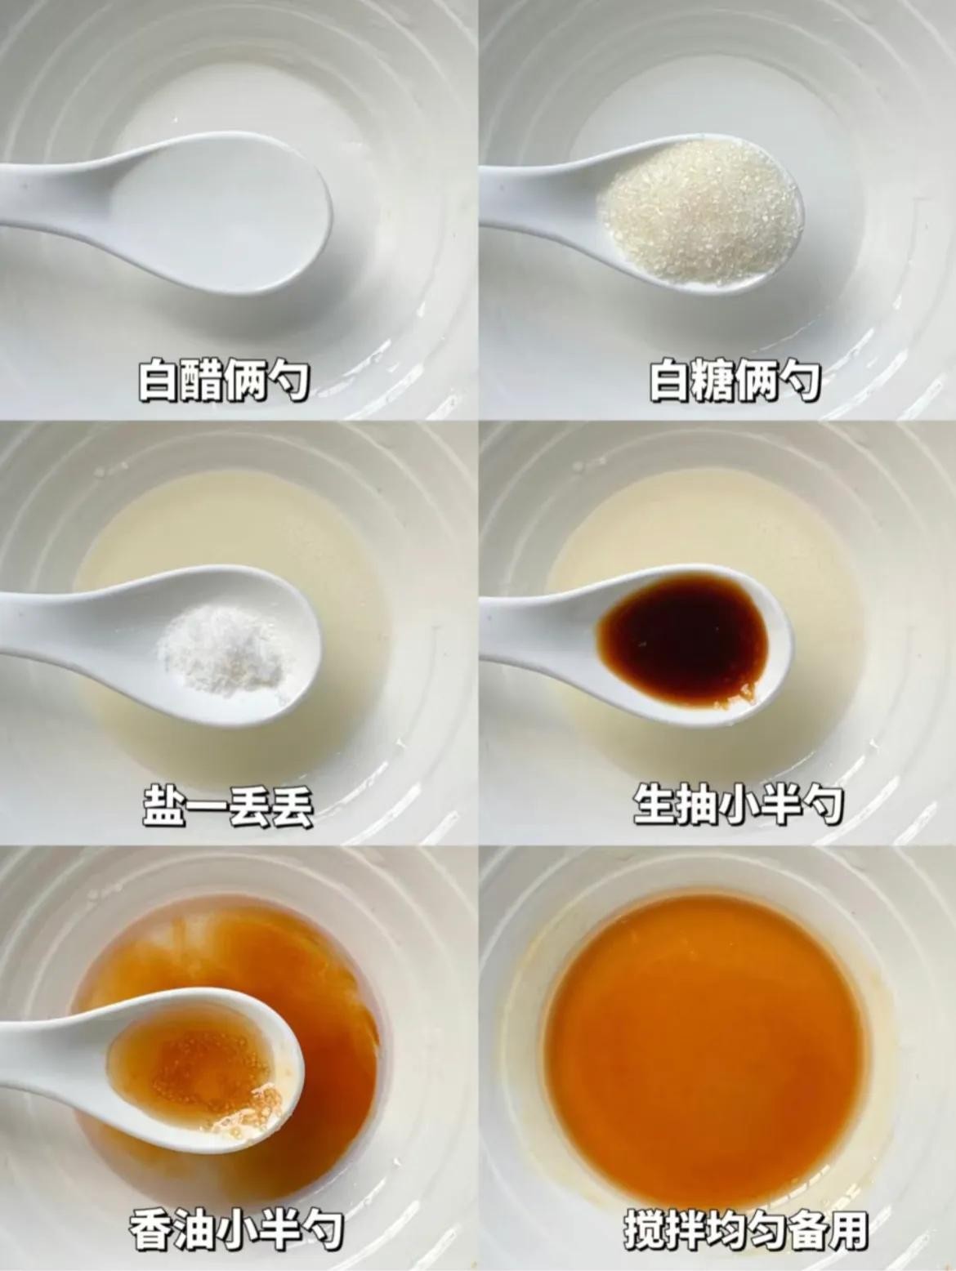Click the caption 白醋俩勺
pyautogui.click(x=223, y=381)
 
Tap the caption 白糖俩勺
pyautogui.click(x=735, y=381)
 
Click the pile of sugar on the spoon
pyautogui.click(x=700, y=210)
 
